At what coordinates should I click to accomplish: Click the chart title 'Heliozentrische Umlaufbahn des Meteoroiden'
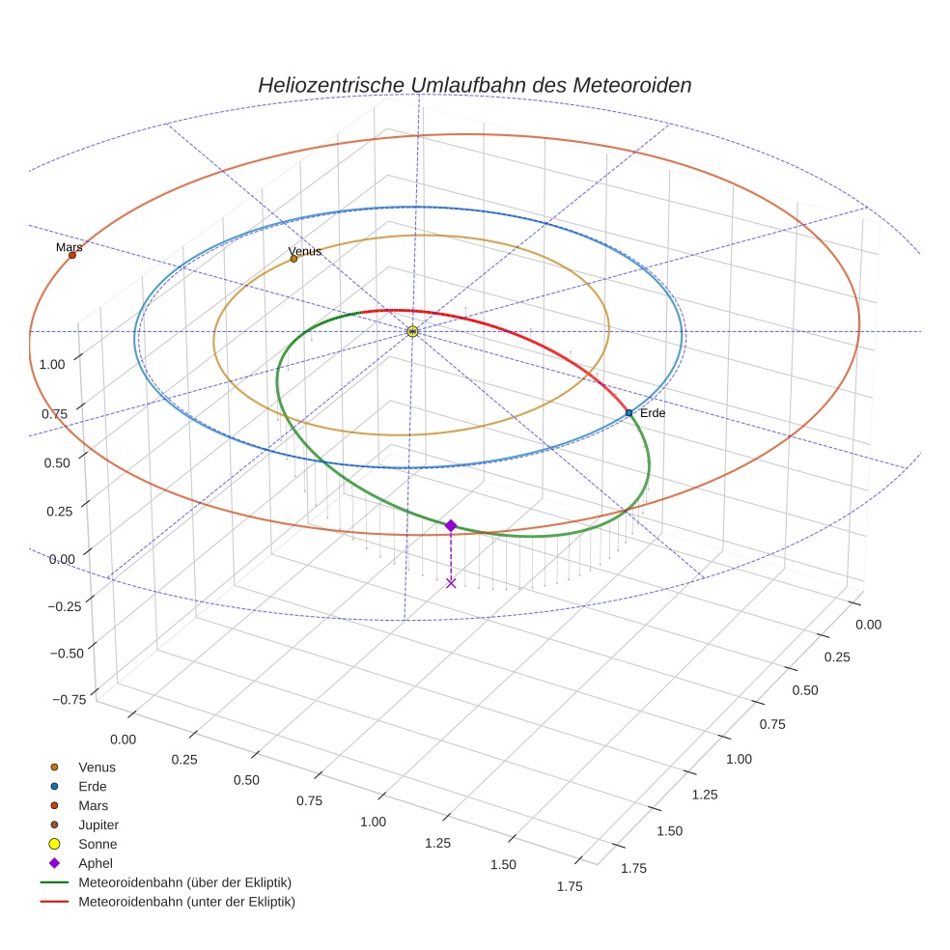[474, 85]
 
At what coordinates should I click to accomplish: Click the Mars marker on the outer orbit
[72, 255]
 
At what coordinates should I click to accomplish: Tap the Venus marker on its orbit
[293, 259]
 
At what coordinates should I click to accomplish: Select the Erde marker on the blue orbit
[629, 413]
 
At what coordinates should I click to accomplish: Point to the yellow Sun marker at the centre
[412, 331]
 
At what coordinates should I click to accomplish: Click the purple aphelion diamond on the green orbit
[451, 525]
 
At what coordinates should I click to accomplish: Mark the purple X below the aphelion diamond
[451, 582]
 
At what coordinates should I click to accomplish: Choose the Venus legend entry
[97, 768]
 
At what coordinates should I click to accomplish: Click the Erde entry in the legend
[92, 787]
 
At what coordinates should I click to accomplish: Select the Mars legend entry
[93, 806]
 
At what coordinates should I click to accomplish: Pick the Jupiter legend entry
[98, 825]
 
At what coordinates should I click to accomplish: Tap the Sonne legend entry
[97, 845]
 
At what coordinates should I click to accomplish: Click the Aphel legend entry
[95, 864]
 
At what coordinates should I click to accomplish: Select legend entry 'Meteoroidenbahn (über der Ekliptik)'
[184, 883]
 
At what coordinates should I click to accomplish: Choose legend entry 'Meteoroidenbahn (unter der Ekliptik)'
[186, 903]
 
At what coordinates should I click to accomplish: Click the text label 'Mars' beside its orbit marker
[69, 247]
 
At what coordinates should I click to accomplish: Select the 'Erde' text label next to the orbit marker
[653, 413]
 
